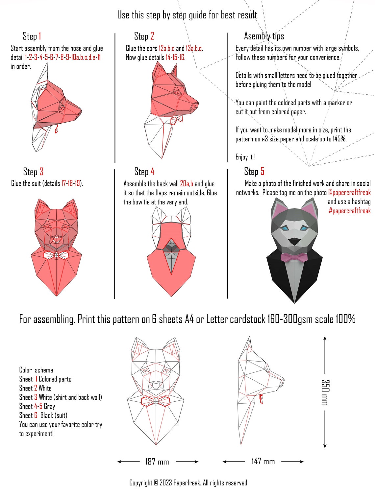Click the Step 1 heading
click(32, 36)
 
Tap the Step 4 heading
click(144, 172)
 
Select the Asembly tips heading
click(264, 36)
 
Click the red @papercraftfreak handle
click(349, 193)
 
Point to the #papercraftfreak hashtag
click(349, 211)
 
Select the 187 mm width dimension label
click(157, 462)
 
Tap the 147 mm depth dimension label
click(263, 461)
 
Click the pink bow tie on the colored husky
click(294, 257)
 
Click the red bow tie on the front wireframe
click(155, 401)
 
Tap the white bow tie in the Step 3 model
click(56, 255)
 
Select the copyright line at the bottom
click(188, 483)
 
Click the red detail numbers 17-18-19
click(71, 183)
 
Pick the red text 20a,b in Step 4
click(187, 184)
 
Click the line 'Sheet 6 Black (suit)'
click(43, 415)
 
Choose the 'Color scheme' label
click(36, 370)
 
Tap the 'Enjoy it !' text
click(245, 157)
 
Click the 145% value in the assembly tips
click(339, 139)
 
